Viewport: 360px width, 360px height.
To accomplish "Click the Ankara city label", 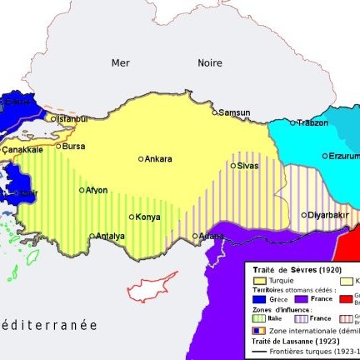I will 158,159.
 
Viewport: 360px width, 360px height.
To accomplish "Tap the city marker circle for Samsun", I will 214,112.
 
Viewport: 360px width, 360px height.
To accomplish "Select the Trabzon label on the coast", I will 312,122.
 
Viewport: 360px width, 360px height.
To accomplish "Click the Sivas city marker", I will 233,166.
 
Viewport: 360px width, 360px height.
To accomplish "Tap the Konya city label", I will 147,217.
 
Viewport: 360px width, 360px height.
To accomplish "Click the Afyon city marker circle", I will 82,190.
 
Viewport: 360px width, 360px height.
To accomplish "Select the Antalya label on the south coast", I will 110,236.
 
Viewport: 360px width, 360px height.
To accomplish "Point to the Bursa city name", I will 73,146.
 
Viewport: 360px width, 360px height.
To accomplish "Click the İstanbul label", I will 70,119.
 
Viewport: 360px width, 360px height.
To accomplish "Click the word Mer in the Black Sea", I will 121,62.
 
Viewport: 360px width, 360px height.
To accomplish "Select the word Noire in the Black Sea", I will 210,62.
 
